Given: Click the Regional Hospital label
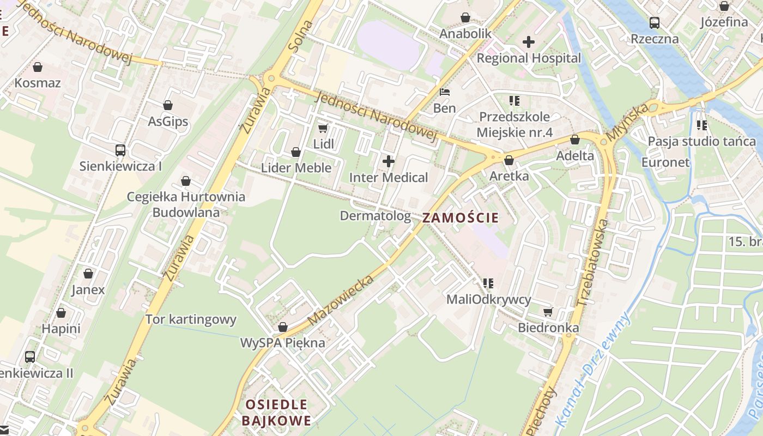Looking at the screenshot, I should (x=529, y=58).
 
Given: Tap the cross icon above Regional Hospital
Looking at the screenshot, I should (x=528, y=41).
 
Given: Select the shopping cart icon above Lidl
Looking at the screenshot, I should (x=323, y=128).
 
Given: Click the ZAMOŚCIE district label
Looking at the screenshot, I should (x=461, y=218).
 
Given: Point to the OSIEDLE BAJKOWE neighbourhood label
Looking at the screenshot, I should (x=276, y=413).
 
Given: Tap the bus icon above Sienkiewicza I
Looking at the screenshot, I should (x=120, y=150).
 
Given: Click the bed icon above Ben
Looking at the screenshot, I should (x=445, y=92).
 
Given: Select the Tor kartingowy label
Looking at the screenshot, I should (x=191, y=319).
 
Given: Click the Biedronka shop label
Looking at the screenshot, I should (x=548, y=328).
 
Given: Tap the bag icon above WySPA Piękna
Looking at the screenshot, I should (x=282, y=327).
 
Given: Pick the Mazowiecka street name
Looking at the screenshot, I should (x=342, y=300).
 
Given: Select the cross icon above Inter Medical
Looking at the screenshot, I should (x=389, y=161).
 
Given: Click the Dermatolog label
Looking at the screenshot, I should (x=375, y=216).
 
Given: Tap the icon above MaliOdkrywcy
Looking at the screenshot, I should (x=488, y=283).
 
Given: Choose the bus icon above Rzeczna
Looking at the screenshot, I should (x=655, y=23).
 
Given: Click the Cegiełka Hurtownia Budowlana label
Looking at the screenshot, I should (x=186, y=204).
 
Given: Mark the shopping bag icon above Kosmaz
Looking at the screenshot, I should (x=38, y=67).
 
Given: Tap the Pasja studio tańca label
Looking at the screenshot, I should (x=701, y=142).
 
